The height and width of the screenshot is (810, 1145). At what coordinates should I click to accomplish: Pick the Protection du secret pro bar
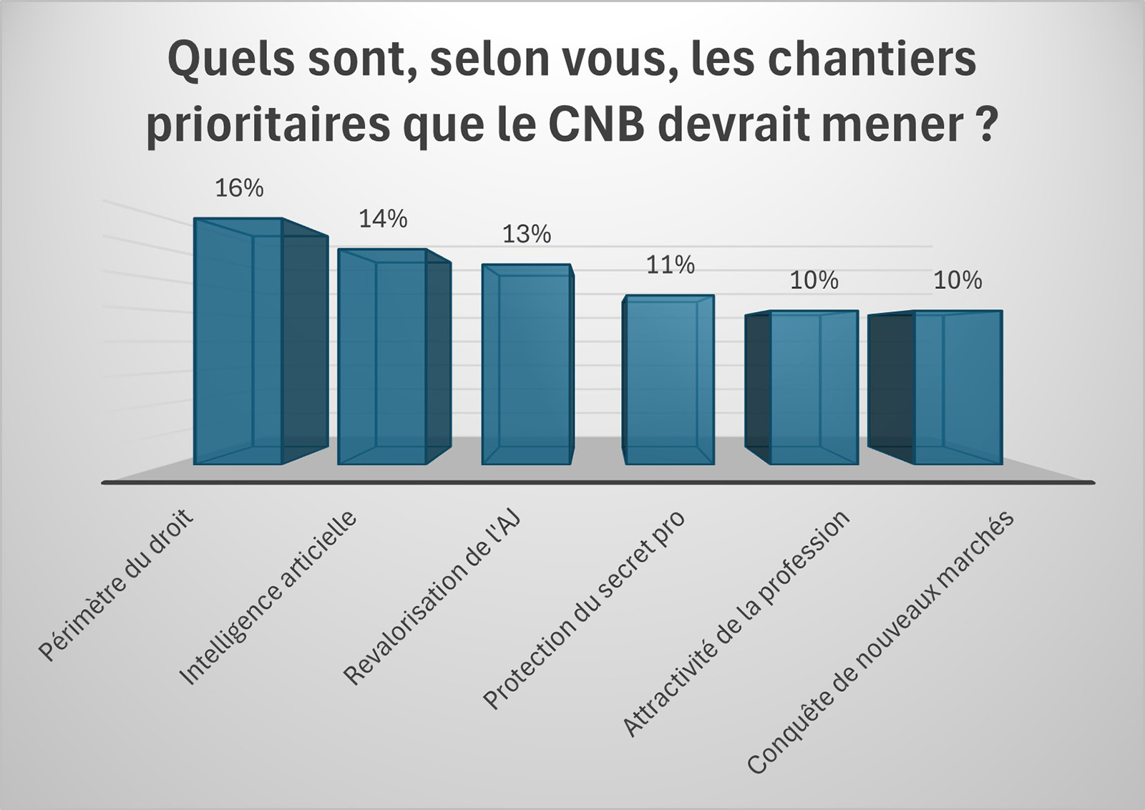[669, 380]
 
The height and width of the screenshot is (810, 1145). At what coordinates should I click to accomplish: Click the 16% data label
[239, 188]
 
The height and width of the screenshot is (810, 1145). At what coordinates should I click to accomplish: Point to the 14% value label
[383, 219]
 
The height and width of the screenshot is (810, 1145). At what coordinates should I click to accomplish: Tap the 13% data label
[527, 234]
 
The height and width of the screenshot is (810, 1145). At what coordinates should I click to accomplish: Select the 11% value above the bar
[671, 265]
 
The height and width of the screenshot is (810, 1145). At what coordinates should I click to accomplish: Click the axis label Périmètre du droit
[116, 585]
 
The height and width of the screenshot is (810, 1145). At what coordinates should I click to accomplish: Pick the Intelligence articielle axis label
[268, 597]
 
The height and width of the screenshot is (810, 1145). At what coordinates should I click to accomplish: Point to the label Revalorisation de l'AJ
[432, 597]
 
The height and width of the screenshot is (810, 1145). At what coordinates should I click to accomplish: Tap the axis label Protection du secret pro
[584, 609]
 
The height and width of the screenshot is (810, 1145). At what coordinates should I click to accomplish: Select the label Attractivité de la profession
[736, 623]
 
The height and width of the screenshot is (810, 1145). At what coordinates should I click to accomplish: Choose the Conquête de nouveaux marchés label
[881, 642]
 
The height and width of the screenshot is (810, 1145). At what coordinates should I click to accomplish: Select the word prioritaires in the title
[269, 124]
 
